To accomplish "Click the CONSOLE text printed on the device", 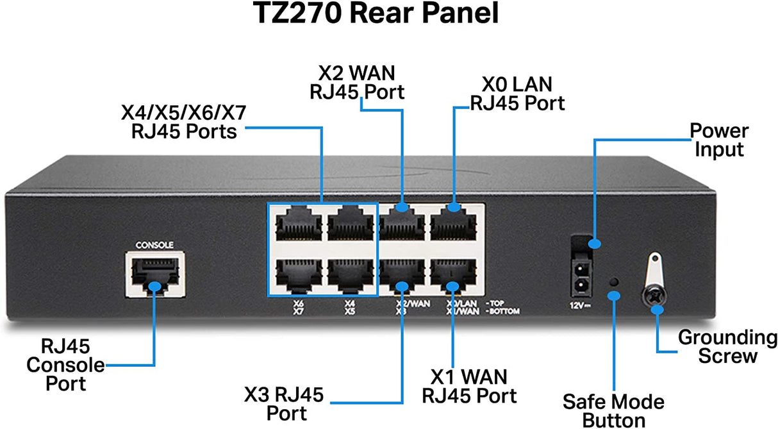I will tap(155, 245).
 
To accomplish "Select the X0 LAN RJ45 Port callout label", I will tap(517, 93).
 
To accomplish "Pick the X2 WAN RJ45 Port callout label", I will tap(358, 81).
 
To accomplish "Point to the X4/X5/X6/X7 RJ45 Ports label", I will tap(183, 122).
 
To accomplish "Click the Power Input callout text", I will tap(718, 140).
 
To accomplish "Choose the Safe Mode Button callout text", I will tap(613, 410).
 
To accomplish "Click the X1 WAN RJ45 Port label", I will tap(468, 385).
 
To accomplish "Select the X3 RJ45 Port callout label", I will tap(284, 402).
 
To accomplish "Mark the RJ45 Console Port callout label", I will tap(64, 365).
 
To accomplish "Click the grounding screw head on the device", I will tap(656, 297).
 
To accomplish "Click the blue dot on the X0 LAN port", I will tap(454, 207).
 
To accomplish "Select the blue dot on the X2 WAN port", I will tap(402, 207).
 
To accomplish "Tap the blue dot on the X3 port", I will tap(402, 285).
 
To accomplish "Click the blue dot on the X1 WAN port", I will tap(453, 286).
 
